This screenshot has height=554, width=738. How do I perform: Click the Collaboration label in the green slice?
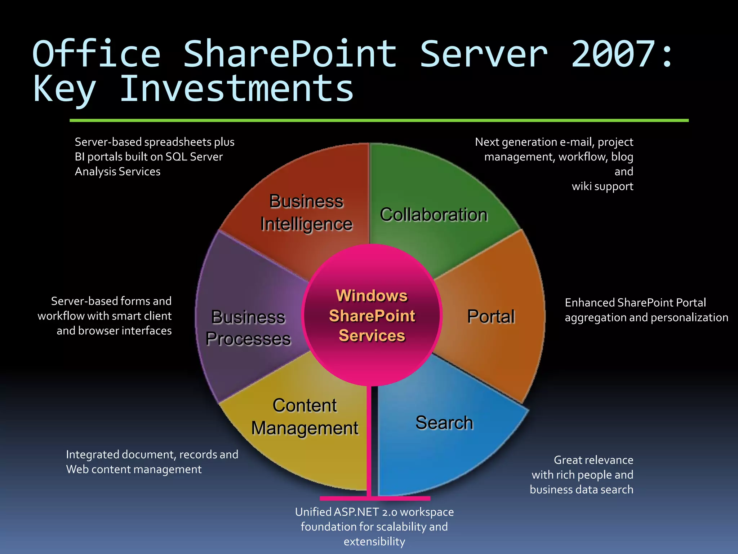[434, 215]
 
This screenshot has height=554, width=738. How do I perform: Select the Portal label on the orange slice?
[491, 317]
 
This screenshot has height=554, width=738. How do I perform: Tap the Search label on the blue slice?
[444, 423]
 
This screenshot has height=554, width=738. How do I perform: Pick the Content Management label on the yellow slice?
[305, 417]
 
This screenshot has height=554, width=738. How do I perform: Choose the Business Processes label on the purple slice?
[248, 328]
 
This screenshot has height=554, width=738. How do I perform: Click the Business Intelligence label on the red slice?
[306, 213]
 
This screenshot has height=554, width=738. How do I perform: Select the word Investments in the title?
[236, 89]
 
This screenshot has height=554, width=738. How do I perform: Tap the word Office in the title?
[96, 54]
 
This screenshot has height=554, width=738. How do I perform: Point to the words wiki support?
[602, 186]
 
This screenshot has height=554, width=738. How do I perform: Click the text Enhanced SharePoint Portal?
[635, 303]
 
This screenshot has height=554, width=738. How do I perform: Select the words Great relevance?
[593, 460]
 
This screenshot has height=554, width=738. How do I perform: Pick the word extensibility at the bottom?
[374, 542]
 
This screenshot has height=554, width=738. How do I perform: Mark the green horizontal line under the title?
[378, 120]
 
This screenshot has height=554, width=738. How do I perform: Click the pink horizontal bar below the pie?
[375, 498]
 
